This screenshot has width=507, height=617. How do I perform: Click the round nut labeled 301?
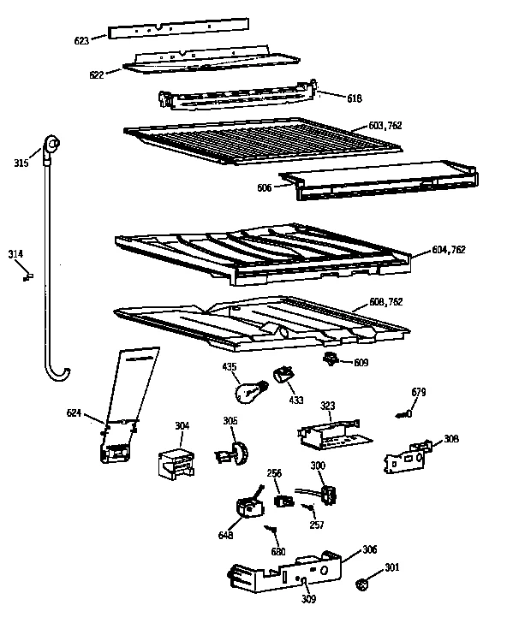point(361,584)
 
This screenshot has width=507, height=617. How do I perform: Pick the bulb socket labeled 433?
point(283,377)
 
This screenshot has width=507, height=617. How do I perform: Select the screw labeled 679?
point(405,416)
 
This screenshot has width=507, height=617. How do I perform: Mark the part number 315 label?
point(21,163)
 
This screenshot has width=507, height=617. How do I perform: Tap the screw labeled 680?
point(271,531)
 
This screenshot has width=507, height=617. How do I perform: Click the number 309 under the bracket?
point(307,599)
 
